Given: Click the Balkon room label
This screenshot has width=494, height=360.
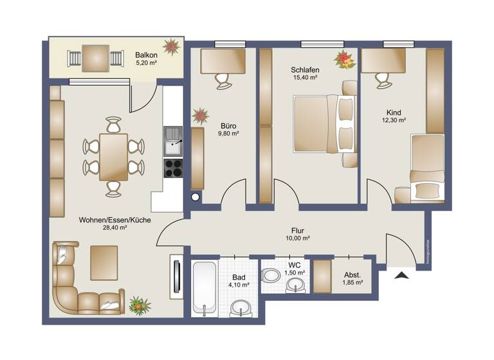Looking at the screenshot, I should click(146, 55).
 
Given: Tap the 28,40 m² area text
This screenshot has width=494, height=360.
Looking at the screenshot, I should click(115, 228).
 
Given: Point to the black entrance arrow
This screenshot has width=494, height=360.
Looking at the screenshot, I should click(402, 276).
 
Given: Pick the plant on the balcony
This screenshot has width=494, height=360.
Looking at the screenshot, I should click(171, 47).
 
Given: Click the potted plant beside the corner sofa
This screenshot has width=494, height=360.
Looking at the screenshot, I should click(138, 305).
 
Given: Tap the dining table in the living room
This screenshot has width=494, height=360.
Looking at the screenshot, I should click(113, 156).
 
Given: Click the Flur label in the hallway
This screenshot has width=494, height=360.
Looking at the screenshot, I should click(297, 230).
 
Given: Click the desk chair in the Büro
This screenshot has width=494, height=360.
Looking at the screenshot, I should click(223, 80).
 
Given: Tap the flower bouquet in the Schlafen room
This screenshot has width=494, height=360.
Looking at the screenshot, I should click(344, 60).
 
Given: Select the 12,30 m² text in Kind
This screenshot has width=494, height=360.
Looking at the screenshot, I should click(393, 119).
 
